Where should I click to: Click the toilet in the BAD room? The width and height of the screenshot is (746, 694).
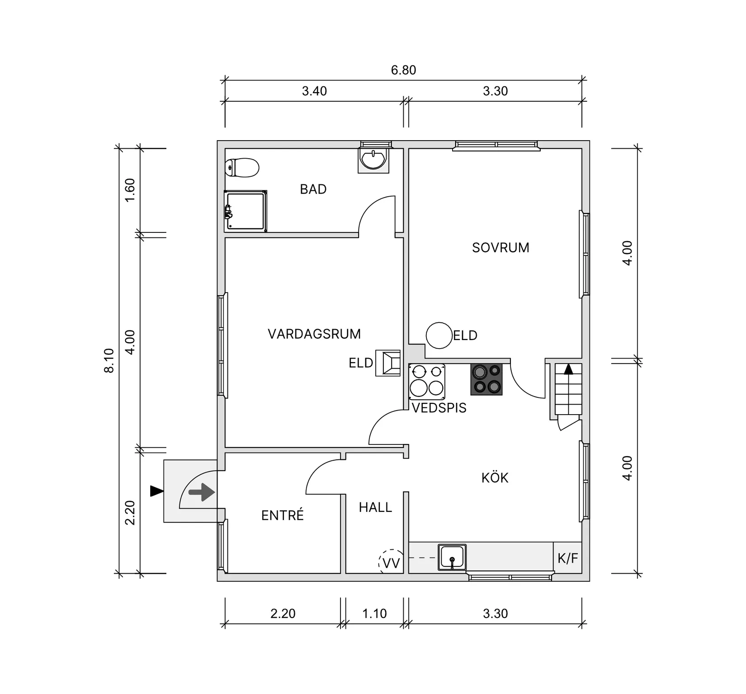242,168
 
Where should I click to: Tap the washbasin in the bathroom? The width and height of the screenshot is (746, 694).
373,159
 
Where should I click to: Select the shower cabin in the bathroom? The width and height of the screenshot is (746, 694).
246,211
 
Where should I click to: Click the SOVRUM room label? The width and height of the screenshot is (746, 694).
500,248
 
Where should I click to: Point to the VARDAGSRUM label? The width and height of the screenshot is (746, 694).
314,334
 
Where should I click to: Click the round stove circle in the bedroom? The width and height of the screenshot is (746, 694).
439,335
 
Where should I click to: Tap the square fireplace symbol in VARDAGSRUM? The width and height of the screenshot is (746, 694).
388,363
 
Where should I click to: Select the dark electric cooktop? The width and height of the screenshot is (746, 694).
486,379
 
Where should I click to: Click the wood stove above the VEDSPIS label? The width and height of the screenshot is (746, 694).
427,382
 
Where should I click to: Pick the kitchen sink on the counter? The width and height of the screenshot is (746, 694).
452,557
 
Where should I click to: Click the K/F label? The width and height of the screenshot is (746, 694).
568,558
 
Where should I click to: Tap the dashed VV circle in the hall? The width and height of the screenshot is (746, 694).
391,562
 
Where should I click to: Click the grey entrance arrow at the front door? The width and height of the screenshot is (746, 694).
202,492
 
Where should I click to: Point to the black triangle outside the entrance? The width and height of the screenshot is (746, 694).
156,491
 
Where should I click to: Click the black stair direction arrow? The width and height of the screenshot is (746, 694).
568,369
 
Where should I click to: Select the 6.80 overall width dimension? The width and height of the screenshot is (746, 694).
403,70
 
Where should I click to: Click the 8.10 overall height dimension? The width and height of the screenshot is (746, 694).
109,360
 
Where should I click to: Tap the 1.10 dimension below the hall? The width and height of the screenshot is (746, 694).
374,614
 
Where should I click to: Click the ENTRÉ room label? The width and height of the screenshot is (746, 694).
283,515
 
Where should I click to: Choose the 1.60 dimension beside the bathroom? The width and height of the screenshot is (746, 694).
130,190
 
